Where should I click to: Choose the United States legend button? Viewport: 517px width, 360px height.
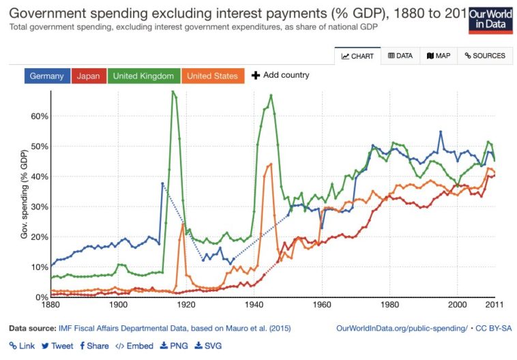(212, 76)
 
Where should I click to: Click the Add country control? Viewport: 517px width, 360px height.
(280, 75)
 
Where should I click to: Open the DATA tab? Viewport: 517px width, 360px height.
(400, 56)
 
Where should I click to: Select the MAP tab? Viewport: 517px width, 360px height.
(439, 56)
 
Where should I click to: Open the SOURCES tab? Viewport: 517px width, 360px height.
(485, 56)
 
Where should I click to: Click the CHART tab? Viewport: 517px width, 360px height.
(357, 56)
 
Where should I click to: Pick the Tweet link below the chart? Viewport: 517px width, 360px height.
(57, 346)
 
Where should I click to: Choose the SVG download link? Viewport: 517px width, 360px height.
(209, 346)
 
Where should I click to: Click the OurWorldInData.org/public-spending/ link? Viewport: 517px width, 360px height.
(402, 328)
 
